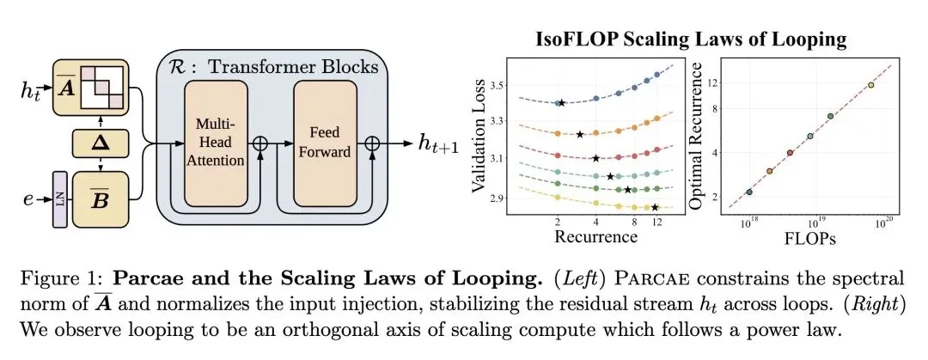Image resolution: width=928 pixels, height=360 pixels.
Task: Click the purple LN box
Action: [61, 199]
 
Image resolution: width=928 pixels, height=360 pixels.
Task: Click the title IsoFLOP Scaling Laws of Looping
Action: [692, 40]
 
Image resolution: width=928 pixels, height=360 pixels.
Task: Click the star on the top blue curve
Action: [561, 103]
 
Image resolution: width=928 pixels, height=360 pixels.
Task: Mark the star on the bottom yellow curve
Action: [655, 207]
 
